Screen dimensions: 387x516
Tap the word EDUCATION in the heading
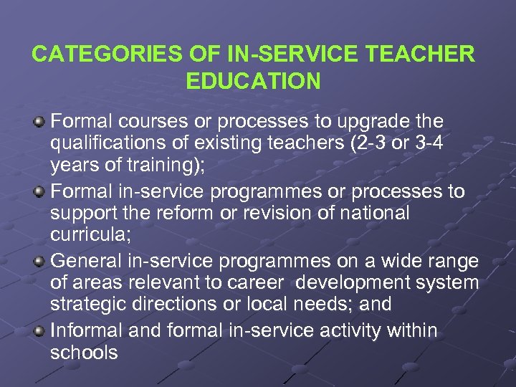[x=254, y=81]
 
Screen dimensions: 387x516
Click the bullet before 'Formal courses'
[x=41, y=120]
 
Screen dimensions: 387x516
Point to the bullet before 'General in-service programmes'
[x=41, y=259]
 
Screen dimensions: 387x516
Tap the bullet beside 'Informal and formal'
[x=41, y=330]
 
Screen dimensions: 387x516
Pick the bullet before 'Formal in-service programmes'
[x=41, y=191]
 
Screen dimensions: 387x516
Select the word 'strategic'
[x=91, y=304]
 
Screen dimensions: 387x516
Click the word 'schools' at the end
[x=84, y=353]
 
